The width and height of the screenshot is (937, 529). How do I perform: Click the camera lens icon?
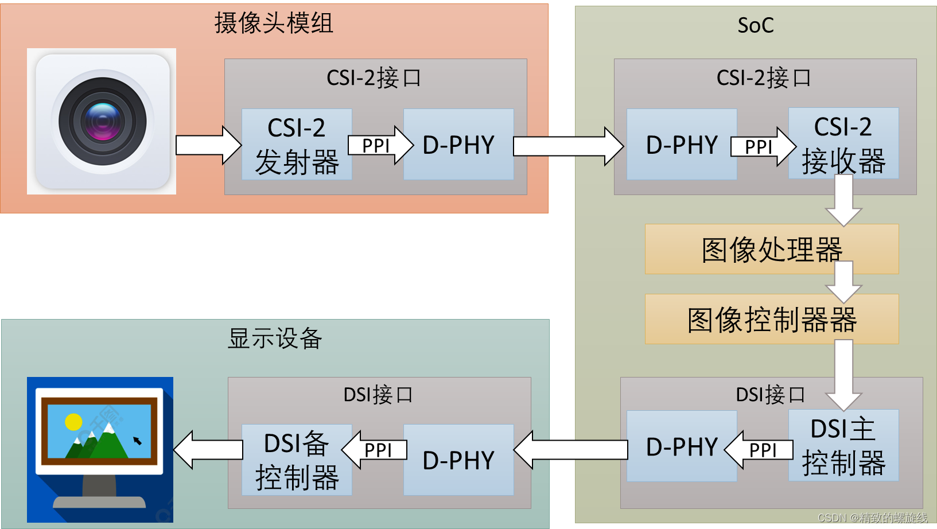102,121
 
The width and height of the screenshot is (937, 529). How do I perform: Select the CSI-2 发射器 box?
296,145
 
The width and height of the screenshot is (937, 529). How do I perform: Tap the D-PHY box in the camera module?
458,145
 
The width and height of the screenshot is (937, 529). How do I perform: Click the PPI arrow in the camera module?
379,146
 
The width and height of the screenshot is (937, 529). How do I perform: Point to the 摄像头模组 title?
274,24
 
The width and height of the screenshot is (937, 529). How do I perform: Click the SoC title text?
755,25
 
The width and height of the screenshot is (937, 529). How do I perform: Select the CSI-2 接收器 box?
843,143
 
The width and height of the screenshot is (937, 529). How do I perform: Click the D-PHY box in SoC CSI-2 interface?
681,145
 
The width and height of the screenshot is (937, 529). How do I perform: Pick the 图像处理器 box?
771,250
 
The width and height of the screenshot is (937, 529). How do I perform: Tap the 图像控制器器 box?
771,320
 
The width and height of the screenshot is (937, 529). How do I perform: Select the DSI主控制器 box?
843,446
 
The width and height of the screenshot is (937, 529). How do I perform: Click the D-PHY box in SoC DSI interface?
681,446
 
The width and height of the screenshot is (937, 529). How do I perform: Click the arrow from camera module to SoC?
567,146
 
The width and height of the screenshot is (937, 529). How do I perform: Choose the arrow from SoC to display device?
571,450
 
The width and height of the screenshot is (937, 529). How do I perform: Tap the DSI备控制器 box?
296,460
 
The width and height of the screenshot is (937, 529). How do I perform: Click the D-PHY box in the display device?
458,460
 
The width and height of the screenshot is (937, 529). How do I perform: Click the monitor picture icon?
100,449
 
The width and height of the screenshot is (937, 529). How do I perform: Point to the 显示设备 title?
275,339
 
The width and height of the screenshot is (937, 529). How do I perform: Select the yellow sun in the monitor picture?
73,422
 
